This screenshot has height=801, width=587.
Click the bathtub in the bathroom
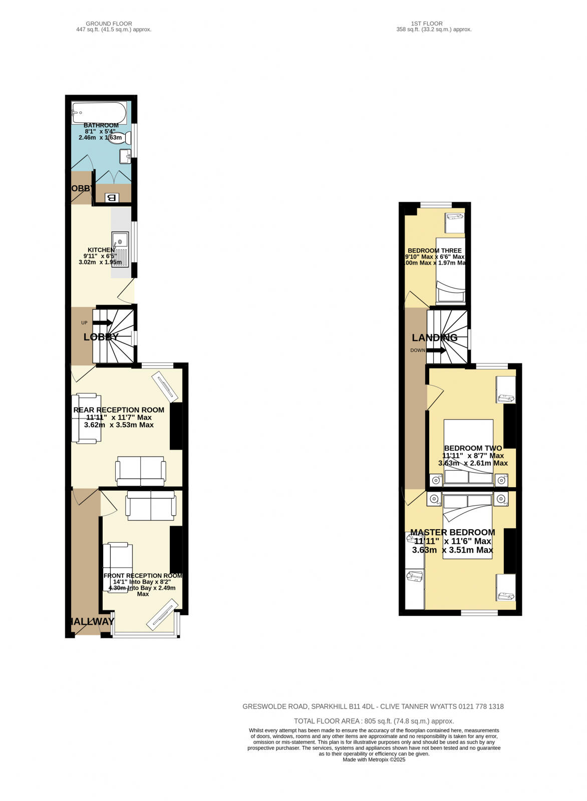pyautogui.click(x=99, y=112)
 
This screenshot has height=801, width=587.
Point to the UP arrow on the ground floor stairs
pyautogui.click(x=102, y=323)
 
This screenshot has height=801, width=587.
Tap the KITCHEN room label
pyautogui.click(x=101, y=250)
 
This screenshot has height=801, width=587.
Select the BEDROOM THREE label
pyautogui.click(x=435, y=251)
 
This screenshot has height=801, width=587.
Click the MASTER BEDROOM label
pyautogui.click(x=453, y=533)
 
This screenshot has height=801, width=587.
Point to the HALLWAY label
pyautogui.click(x=92, y=622)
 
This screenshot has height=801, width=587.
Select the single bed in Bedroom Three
pyautogui.click(x=450, y=270)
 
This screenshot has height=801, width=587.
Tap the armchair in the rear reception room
pyautogui.click(x=87, y=419)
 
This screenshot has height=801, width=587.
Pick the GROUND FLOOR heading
pyautogui.click(x=109, y=24)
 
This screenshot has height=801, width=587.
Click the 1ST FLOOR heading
pyautogui.click(x=427, y=24)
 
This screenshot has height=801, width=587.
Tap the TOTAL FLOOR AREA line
pyautogui.click(x=374, y=721)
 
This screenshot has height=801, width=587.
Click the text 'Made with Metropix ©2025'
pyautogui.click(x=374, y=759)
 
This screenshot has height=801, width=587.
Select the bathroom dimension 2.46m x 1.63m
pyautogui.click(x=100, y=137)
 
